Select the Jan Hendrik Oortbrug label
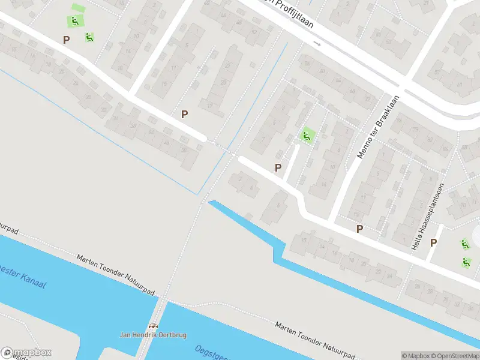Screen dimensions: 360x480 click(154, 334)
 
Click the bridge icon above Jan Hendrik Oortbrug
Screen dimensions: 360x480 click(154, 326)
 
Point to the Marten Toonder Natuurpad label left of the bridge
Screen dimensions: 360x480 click(116, 276)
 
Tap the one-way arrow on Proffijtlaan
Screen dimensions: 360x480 click(317, 44)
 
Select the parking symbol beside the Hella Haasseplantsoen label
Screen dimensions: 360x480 click(434, 242)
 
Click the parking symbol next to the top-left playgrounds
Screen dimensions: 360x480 click(66, 40)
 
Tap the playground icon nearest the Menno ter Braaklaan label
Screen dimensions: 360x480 click(307, 136)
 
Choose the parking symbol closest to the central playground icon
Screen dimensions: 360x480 click(278, 168)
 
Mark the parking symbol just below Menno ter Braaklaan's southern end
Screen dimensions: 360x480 click(359, 228)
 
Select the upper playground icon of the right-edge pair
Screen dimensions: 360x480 click(465, 244)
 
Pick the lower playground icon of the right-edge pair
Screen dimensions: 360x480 click(466, 262)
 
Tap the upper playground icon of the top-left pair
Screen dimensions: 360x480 click(75, 21)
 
